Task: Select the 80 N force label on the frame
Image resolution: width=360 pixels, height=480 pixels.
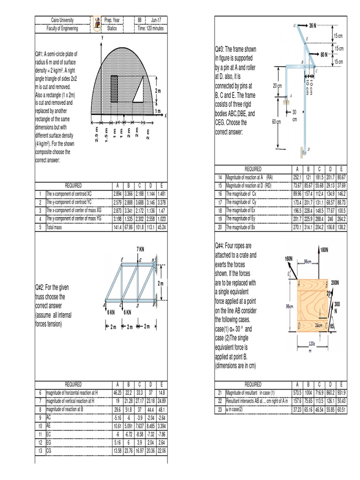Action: pyautogui.click(x=325, y=54)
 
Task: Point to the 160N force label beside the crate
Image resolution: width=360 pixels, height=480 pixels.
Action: pyautogui.click(x=289, y=258)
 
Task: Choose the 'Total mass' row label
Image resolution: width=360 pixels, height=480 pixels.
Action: pyautogui.click(x=56, y=227)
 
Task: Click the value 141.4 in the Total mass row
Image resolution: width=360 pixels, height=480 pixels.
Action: pyautogui.click(x=118, y=227)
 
